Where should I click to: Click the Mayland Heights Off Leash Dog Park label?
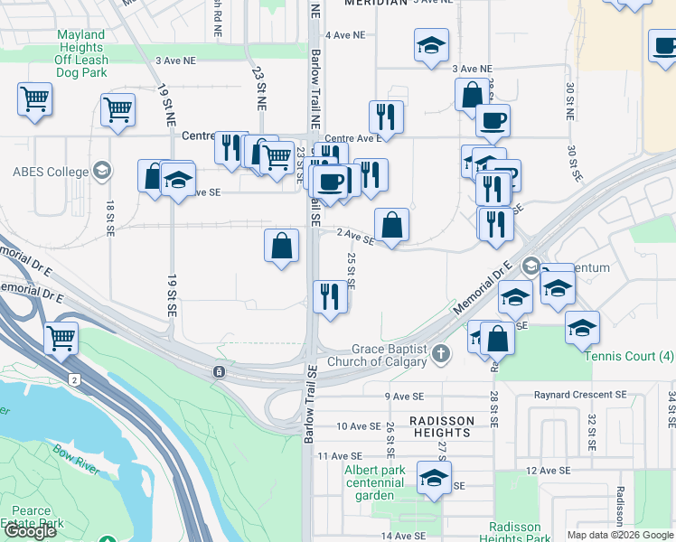81,53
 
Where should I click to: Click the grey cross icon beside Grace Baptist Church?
440,353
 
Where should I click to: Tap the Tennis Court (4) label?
629,356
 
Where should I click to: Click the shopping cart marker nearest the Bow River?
61,340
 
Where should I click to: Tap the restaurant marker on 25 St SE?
330,296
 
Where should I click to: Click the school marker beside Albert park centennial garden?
435,478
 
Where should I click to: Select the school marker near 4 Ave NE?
432,45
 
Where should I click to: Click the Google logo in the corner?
30,531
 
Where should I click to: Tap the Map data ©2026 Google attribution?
620,535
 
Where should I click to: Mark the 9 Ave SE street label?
404,397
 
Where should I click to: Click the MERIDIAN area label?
375,4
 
